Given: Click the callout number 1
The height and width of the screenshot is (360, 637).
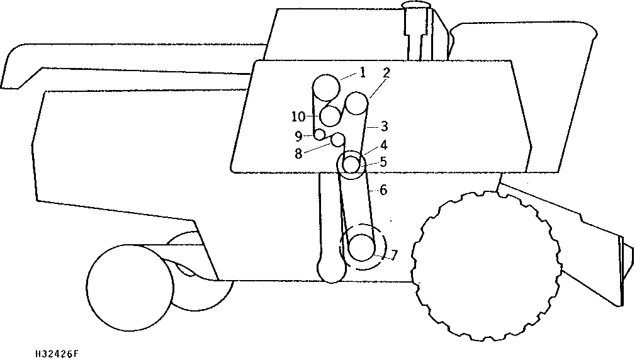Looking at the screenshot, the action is (363, 73).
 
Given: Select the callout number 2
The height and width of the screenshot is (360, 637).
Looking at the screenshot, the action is (386, 73).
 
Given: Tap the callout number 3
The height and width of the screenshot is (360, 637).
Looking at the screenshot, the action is (385, 127).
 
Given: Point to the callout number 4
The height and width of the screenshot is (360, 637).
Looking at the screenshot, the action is (383, 145).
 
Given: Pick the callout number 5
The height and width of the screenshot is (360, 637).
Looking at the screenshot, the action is (383, 162).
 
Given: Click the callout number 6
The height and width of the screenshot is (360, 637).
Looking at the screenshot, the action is (383, 189).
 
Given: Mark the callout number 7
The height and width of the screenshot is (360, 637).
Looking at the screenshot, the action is (393, 255).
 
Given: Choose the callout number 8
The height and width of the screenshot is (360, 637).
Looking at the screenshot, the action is (298, 154).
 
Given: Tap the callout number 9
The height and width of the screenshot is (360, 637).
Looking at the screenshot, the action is (298, 136).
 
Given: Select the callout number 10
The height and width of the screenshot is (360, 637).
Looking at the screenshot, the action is (298, 117).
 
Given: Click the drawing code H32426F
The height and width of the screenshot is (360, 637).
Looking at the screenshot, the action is (57, 354).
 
